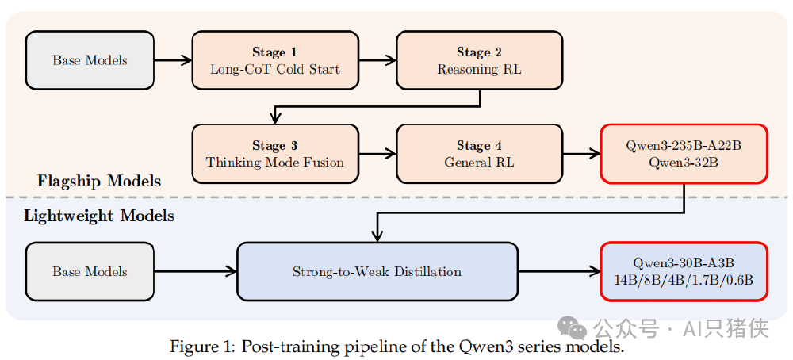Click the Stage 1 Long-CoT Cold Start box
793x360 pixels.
pos(274,60)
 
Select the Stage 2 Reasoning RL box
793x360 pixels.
pos(479,60)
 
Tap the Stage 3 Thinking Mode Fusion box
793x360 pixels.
pos(274,154)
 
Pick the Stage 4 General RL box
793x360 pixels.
pos(479,154)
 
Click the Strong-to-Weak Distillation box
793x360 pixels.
pos(377,271)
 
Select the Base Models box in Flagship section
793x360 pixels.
pos(90,60)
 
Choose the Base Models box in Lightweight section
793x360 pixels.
pos(90,271)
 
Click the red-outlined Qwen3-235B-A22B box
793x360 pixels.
pos(684,154)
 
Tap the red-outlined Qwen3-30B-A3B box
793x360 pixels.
pos(684,271)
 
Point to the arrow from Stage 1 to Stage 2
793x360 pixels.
pos(377,60)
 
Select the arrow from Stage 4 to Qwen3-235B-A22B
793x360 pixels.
pos(581,154)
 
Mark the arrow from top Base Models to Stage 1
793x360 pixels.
pos(173,60)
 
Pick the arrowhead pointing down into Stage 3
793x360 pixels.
pos(274,118)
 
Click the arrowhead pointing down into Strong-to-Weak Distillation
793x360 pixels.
pos(377,236)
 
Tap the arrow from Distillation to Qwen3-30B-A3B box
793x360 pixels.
pos(559,271)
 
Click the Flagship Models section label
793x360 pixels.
pos(98,182)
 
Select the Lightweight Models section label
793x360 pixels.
pos(98,216)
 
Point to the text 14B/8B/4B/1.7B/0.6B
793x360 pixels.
pos(684,280)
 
